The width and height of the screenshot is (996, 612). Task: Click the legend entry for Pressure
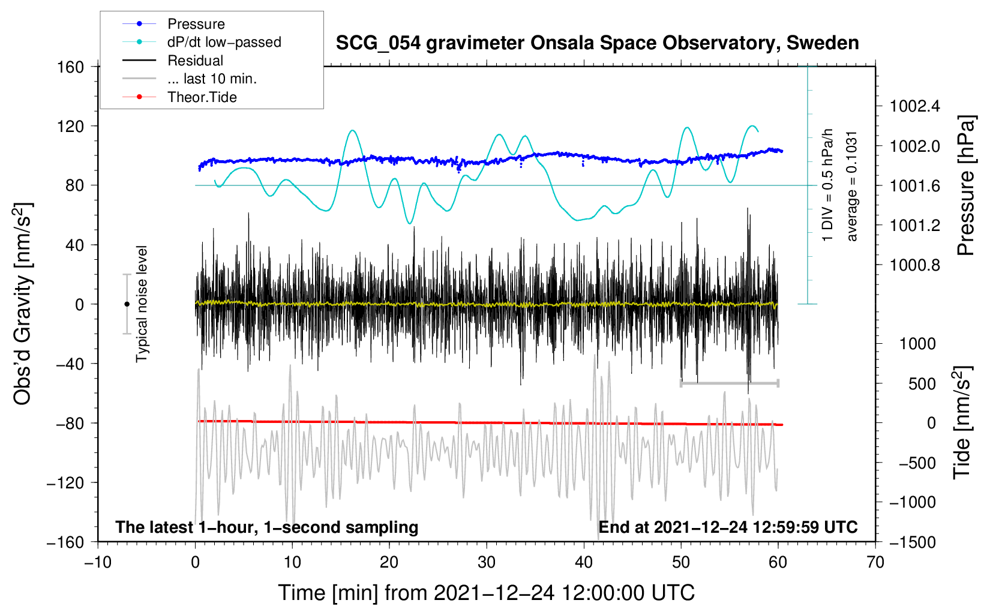pos(196,24)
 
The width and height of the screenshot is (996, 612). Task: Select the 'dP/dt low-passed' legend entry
pos(224,42)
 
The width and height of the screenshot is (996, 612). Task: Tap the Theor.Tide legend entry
pos(202,97)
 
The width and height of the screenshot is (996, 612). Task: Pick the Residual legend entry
pos(195,61)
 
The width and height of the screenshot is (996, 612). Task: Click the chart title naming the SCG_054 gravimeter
pos(597,43)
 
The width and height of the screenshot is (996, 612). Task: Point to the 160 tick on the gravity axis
pos(71,67)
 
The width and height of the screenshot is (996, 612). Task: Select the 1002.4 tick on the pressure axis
pos(914,106)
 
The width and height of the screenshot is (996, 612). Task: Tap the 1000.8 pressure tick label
pos(914,265)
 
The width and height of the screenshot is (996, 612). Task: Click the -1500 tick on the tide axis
pos(913,542)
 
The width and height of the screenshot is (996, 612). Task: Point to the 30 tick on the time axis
pos(487,562)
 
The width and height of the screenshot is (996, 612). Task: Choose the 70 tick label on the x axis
pos(875,562)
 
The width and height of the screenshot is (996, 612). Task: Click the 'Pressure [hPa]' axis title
pos(966,186)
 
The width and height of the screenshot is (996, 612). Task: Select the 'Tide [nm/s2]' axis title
pos(962,422)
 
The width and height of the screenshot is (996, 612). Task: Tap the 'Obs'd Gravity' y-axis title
pos(22,304)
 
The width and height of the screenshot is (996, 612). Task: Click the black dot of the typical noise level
pos(127,304)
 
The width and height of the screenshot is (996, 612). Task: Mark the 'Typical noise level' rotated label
pos(142,304)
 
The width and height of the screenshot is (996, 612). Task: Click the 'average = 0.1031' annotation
pos(852,186)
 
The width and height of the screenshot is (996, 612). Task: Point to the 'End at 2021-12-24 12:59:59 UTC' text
pos(728,527)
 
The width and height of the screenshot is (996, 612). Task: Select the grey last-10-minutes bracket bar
pos(729,383)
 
